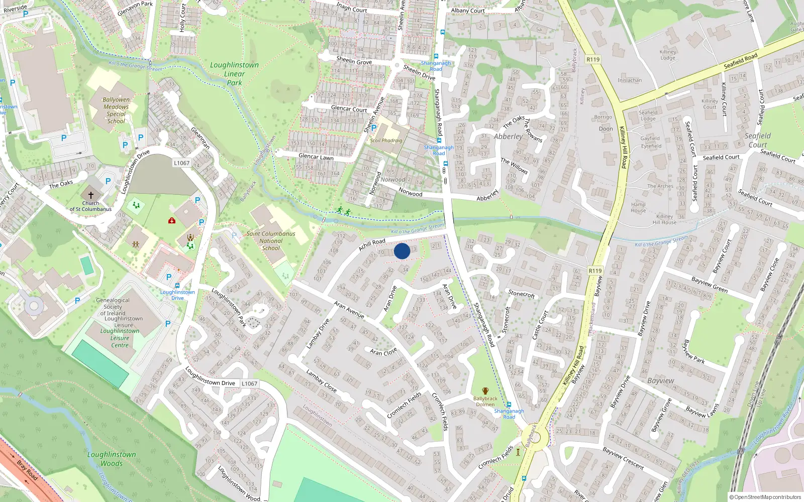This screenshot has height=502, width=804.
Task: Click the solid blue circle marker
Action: click(x=402, y=251)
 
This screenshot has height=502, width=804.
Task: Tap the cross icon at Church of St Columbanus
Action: click(x=91, y=195)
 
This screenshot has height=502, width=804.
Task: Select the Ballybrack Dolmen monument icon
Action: click(x=485, y=391)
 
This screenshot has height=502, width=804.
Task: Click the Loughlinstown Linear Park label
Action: click(x=234, y=74)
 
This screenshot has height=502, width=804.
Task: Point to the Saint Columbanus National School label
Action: click(x=271, y=240)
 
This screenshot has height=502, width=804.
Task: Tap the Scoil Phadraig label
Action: click(x=386, y=141)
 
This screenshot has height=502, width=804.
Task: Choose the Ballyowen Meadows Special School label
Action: click(x=116, y=110)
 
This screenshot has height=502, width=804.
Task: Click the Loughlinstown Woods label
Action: click(x=112, y=459)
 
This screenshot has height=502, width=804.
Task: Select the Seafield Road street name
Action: click(x=740, y=61)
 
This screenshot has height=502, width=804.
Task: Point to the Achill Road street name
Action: click(x=372, y=245)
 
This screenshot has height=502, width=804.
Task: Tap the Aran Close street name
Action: click(x=383, y=351)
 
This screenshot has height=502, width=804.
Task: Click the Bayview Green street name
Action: click(x=710, y=285)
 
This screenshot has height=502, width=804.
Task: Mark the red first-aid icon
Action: click(x=172, y=220)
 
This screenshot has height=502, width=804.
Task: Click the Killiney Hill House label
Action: click(x=664, y=219)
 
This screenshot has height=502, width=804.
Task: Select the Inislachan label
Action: click(x=630, y=80)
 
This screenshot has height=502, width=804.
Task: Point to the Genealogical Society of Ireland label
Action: click(x=113, y=307)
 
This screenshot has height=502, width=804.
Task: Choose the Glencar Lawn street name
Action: click(x=316, y=157)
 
